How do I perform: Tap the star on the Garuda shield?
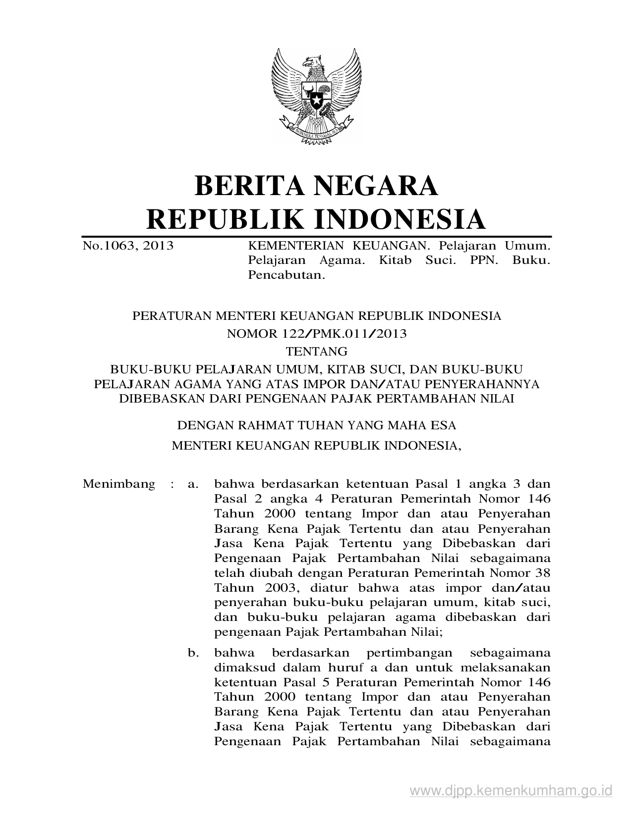point(316,102)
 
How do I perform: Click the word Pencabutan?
point(287,275)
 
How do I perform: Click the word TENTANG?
point(317,352)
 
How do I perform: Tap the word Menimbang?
point(119,484)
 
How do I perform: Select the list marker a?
point(193,484)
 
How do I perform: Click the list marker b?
point(193,653)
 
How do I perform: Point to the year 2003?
point(276,588)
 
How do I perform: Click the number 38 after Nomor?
point(543,573)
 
